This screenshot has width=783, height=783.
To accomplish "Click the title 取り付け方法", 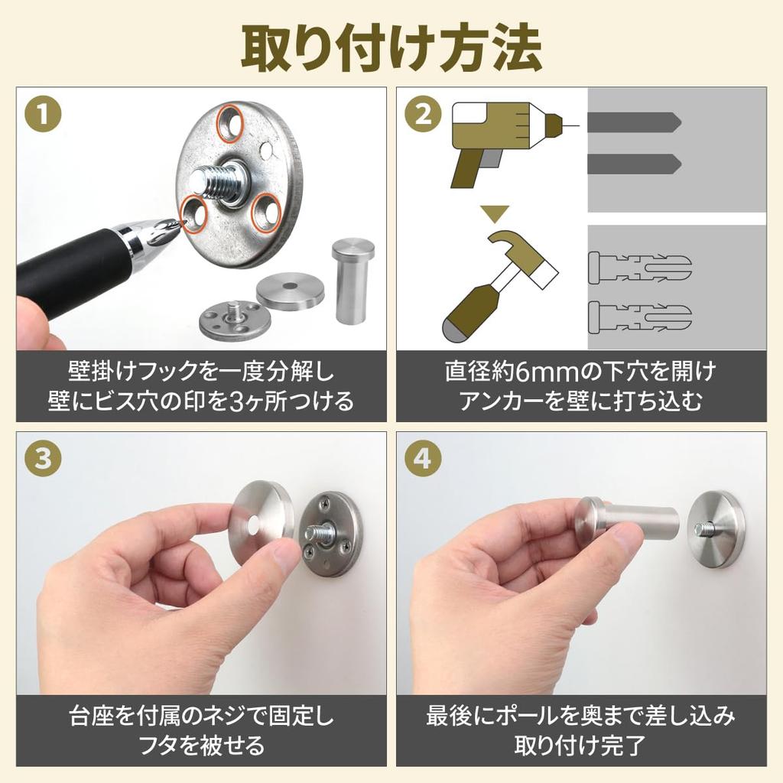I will [391, 47].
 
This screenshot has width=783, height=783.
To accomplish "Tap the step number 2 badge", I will [422, 116].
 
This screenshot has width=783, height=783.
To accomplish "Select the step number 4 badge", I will [422, 460].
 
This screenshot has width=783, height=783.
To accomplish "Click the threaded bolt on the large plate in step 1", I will [223, 182].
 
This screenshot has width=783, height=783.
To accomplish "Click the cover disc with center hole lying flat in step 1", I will [290, 290].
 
